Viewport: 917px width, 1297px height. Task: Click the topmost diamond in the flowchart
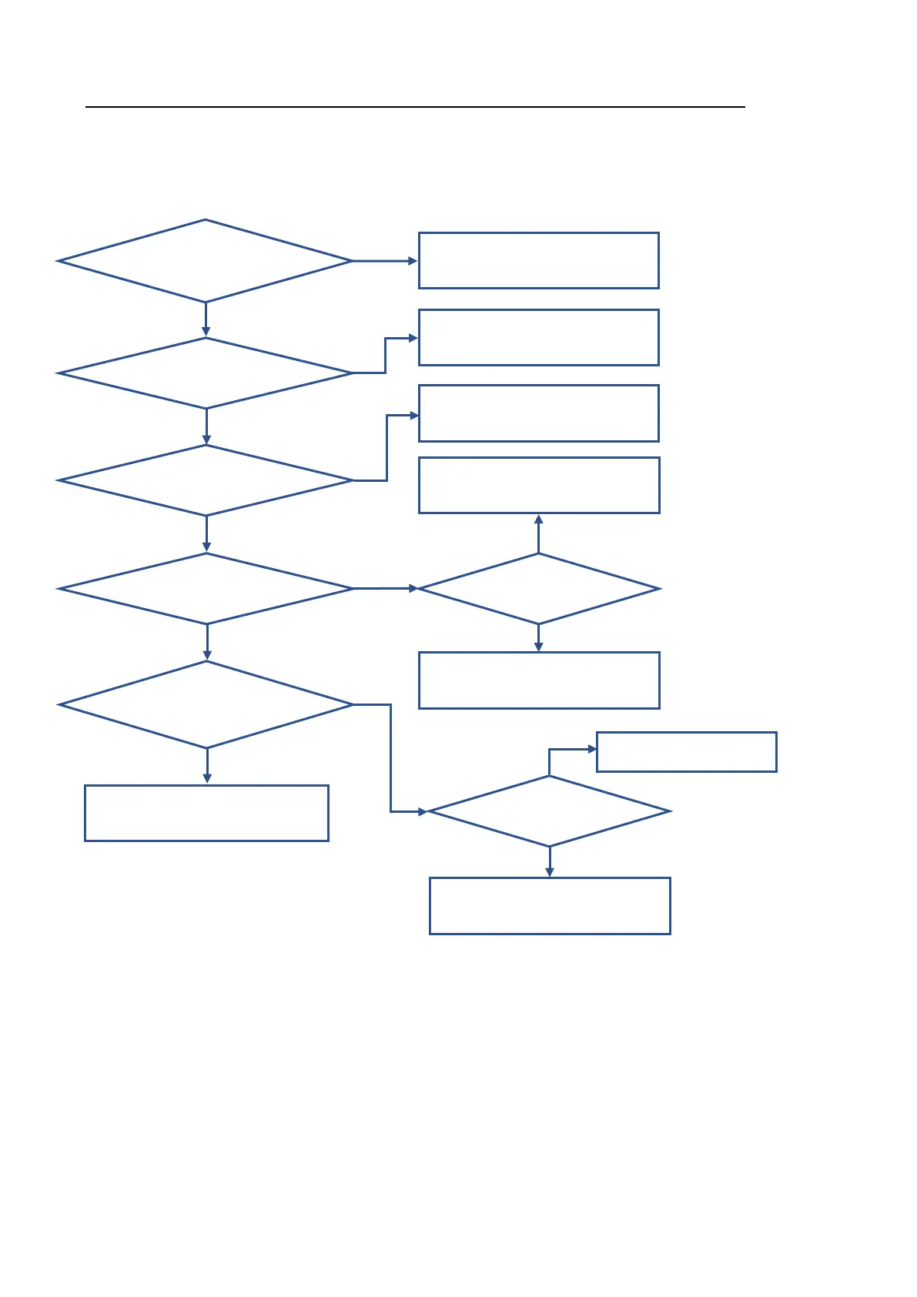[205, 261]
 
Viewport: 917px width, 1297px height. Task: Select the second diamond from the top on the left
[206, 373]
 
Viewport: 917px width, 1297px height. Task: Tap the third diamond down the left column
[206, 480]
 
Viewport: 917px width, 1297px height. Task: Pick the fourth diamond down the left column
[206, 589]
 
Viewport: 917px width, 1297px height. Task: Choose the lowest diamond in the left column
[206, 704]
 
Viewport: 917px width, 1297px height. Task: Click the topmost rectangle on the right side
[538, 260]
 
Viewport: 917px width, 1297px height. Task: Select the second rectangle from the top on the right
[538, 337]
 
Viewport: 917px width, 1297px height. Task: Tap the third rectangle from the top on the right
[538, 413]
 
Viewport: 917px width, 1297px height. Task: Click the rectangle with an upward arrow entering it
[539, 485]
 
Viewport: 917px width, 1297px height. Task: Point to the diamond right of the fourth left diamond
[539, 589]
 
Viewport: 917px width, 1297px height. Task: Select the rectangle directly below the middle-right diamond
[539, 680]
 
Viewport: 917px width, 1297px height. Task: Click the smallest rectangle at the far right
[686, 752]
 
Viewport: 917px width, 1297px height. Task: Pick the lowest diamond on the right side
[549, 811]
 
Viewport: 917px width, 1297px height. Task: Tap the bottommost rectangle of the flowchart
[550, 906]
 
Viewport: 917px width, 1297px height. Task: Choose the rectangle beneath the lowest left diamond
[206, 813]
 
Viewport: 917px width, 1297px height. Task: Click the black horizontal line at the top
[415, 107]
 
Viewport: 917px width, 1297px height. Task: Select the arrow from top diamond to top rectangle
[384, 261]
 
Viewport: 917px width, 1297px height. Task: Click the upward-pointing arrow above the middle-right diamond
[539, 533]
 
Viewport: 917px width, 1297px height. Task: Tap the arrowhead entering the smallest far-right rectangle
[592, 749]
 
